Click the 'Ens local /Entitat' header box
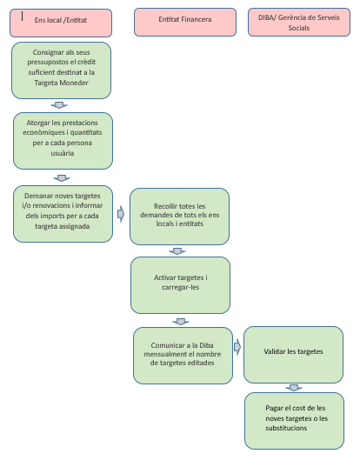tap(61, 23)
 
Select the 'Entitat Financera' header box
tap(185, 23)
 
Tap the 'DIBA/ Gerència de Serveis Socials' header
tap(299, 23)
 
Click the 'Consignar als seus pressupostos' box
tap(62, 70)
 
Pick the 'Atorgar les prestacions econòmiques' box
tap(63, 141)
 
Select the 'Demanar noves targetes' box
tap(63, 214)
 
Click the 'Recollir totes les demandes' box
tap(179, 217)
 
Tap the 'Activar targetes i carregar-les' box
tap(181, 285)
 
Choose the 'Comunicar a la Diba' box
tap(183, 356)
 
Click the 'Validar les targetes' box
tap(293, 355)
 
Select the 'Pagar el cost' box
tap(294, 421)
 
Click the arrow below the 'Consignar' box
tap(59, 105)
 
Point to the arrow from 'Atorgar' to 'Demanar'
tap(62, 178)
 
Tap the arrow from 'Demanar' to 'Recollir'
tap(121, 214)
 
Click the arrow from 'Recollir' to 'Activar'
tap(177, 251)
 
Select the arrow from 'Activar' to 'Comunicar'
tap(181, 322)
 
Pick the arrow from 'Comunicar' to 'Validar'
tap(237, 347)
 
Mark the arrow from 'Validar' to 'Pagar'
tap(294, 388)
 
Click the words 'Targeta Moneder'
tap(62, 83)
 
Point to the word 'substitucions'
tap(286, 428)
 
